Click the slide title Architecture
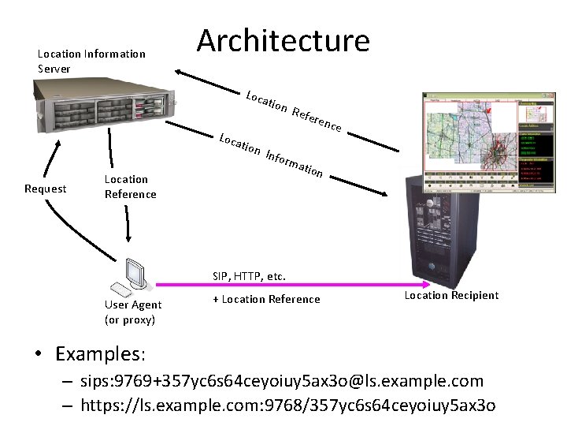click(x=283, y=40)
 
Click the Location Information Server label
click(x=91, y=62)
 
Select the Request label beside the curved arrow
click(x=46, y=189)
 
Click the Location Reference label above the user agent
click(x=130, y=187)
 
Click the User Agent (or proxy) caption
click(x=132, y=312)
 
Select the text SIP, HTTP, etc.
click(x=249, y=277)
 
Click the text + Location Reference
click(x=267, y=299)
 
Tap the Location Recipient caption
click(x=451, y=295)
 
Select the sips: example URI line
click(x=282, y=381)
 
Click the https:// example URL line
click(x=288, y=406)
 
